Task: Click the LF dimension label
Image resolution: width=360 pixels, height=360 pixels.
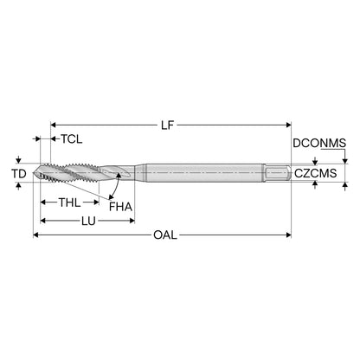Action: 168,125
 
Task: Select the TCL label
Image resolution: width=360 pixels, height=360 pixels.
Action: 72,139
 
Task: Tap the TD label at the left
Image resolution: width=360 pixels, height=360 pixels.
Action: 19,174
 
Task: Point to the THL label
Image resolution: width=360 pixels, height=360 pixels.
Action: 70,202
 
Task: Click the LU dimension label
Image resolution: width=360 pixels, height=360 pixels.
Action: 88,222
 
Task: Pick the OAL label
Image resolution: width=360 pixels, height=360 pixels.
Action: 165,235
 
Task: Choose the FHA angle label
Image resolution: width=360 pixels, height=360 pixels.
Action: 120,207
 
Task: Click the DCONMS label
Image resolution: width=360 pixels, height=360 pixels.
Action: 319,143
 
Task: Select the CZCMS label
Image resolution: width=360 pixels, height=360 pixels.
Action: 315,173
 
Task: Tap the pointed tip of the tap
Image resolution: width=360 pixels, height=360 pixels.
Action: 34,173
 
